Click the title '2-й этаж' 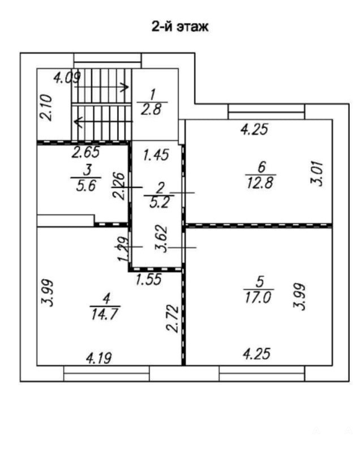[180, 27]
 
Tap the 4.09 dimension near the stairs [67, 78]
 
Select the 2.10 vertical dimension [46, 108]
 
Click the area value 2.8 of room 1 [151, 109]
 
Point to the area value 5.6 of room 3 [85, 186]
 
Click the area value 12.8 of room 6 [260, 183]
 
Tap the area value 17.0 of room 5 [258, 298]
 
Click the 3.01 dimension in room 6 [318, 174]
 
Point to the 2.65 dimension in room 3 [85, 152]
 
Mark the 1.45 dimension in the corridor [156, 155]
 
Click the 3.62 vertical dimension [161, 239]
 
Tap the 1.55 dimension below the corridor [149, 279]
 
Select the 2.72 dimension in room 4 [173, 319]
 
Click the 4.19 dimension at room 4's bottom [99, 358]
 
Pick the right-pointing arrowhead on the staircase [125, 87]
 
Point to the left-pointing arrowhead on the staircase [78, 121]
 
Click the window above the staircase [108, 61]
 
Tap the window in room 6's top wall [266, 112]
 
